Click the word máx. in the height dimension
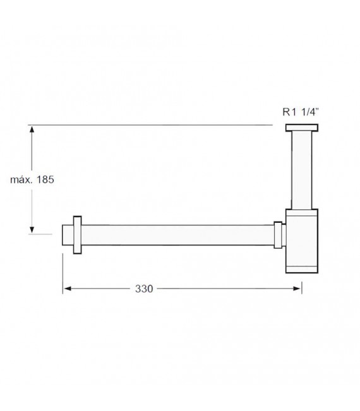[x=23, y=179]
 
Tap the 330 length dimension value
[x=145, y=289]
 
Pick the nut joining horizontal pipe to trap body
[x=278, y=234]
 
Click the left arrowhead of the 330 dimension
[x=67, y=289]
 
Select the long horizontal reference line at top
[x=152, y=126]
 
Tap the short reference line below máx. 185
[x=42, y=234]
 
